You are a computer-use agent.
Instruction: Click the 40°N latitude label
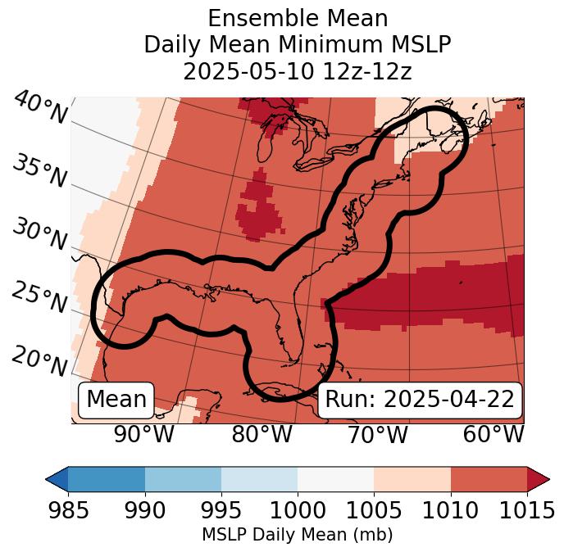(x=39, y=108)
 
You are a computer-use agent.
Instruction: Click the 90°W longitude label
(x=144, y=435)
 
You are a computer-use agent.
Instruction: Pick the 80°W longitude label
(x=261, y=435)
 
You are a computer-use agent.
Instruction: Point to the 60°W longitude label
(x=493, y=435)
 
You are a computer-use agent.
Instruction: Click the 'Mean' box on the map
(x=116, y=400)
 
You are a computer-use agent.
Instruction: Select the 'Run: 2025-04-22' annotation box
(x=420, y=400)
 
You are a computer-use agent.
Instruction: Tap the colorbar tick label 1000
(x=298, y=511)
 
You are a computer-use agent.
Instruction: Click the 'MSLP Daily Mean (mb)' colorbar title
(x=298, y=536)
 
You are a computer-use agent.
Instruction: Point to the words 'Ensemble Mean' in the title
(x=298, y=19)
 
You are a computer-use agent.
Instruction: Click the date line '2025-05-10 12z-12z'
(x=298, y=71)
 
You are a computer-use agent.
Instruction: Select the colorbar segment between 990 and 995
(x=183, y=478)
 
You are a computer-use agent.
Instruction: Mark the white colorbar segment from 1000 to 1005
(x=335, y=478)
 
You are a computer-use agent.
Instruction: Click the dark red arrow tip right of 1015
(x=539, y=478)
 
